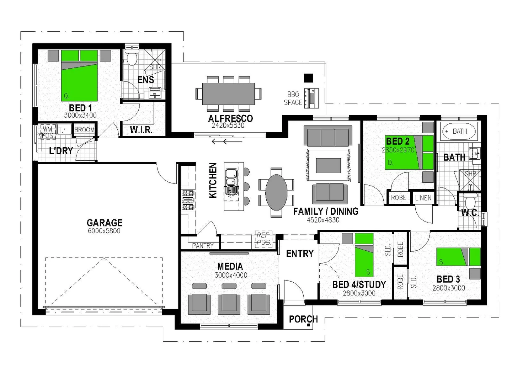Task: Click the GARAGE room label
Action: [x=104, y=223]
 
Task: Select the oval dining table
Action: [x=276, y=192]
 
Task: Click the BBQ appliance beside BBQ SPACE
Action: [x=312, y=98]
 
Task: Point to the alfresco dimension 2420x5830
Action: [x=228, y=126]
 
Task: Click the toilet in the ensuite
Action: [x=132, y=57]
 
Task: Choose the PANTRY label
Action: [x=202, y=246]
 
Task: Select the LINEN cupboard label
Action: [x=423, y=198]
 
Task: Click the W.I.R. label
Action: [x=141, y=130]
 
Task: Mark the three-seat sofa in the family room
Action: [x=328, y=137]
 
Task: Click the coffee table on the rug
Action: [x=328, y=165]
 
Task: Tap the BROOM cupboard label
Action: [x=85, y=130]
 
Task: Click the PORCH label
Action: [x=303, y=319]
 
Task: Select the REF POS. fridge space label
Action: [x=263, y=239]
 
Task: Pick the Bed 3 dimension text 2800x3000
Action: [x=448, y=288]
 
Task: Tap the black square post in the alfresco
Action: [x=308, y=78]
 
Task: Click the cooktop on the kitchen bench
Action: [x=188, y=200]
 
